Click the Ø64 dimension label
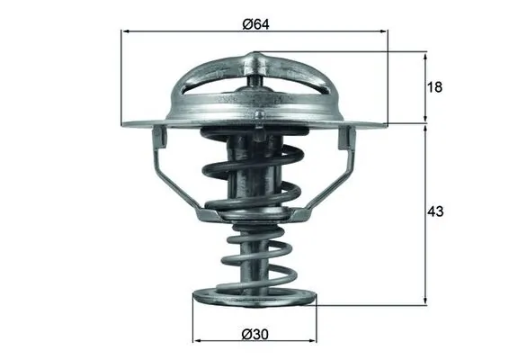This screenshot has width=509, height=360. (x=257, y=23)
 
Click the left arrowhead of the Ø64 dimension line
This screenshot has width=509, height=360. (x=126, y=31)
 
